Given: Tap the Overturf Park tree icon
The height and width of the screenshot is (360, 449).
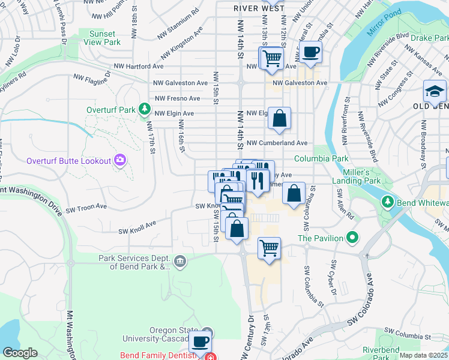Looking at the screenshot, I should (144, 109).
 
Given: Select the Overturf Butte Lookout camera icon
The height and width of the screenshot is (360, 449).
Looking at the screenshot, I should (121, 160).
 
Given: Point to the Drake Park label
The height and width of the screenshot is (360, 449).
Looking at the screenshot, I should (429, 37).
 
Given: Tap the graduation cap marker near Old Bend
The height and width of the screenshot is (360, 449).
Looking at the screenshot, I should (435, 91).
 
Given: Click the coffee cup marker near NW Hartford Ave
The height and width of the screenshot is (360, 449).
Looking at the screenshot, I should (310, 52).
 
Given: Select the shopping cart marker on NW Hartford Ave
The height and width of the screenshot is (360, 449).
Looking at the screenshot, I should (271, 58).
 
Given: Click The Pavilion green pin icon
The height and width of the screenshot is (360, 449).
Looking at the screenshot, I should (353, 238).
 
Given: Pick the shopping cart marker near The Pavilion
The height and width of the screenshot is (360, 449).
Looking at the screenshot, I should (270, 247).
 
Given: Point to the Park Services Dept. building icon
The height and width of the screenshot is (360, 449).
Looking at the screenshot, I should (179, 261).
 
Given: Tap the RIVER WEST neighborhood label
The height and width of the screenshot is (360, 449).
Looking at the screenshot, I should (259, 8).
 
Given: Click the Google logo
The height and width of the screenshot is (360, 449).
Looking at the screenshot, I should (20, 353).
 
